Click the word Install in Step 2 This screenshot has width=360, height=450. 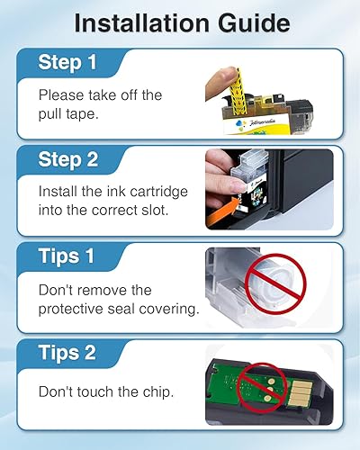point(57,191)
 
